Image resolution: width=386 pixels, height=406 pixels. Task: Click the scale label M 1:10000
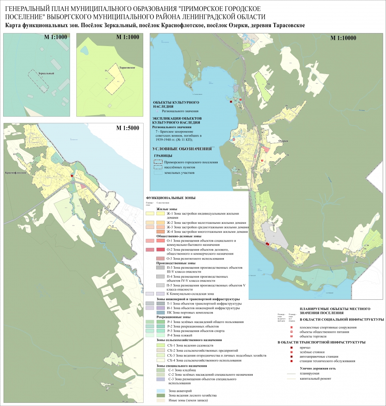(x=343, y=38)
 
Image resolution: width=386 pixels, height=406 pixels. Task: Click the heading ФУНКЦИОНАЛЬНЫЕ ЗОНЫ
(x=170, y=198)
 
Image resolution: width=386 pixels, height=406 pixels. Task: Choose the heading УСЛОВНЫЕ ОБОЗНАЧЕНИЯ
(x=182, y=149)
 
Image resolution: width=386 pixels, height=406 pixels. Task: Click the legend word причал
(x=305, y=347)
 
